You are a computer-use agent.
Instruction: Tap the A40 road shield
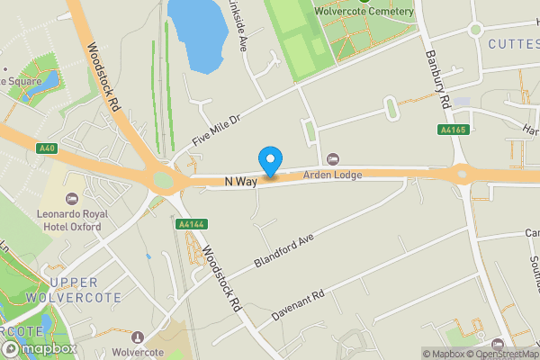click(x=48, y=148)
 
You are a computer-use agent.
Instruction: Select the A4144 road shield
click(x=190, y=224)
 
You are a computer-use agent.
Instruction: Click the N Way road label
click(x=241, y=182)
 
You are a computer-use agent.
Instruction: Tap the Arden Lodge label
click(x=332, y=175)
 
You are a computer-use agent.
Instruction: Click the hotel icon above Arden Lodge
click(x=333, y=159)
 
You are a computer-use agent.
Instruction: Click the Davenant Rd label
click(x=298, y=302)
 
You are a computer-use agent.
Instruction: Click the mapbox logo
click(x=39, y=347)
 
